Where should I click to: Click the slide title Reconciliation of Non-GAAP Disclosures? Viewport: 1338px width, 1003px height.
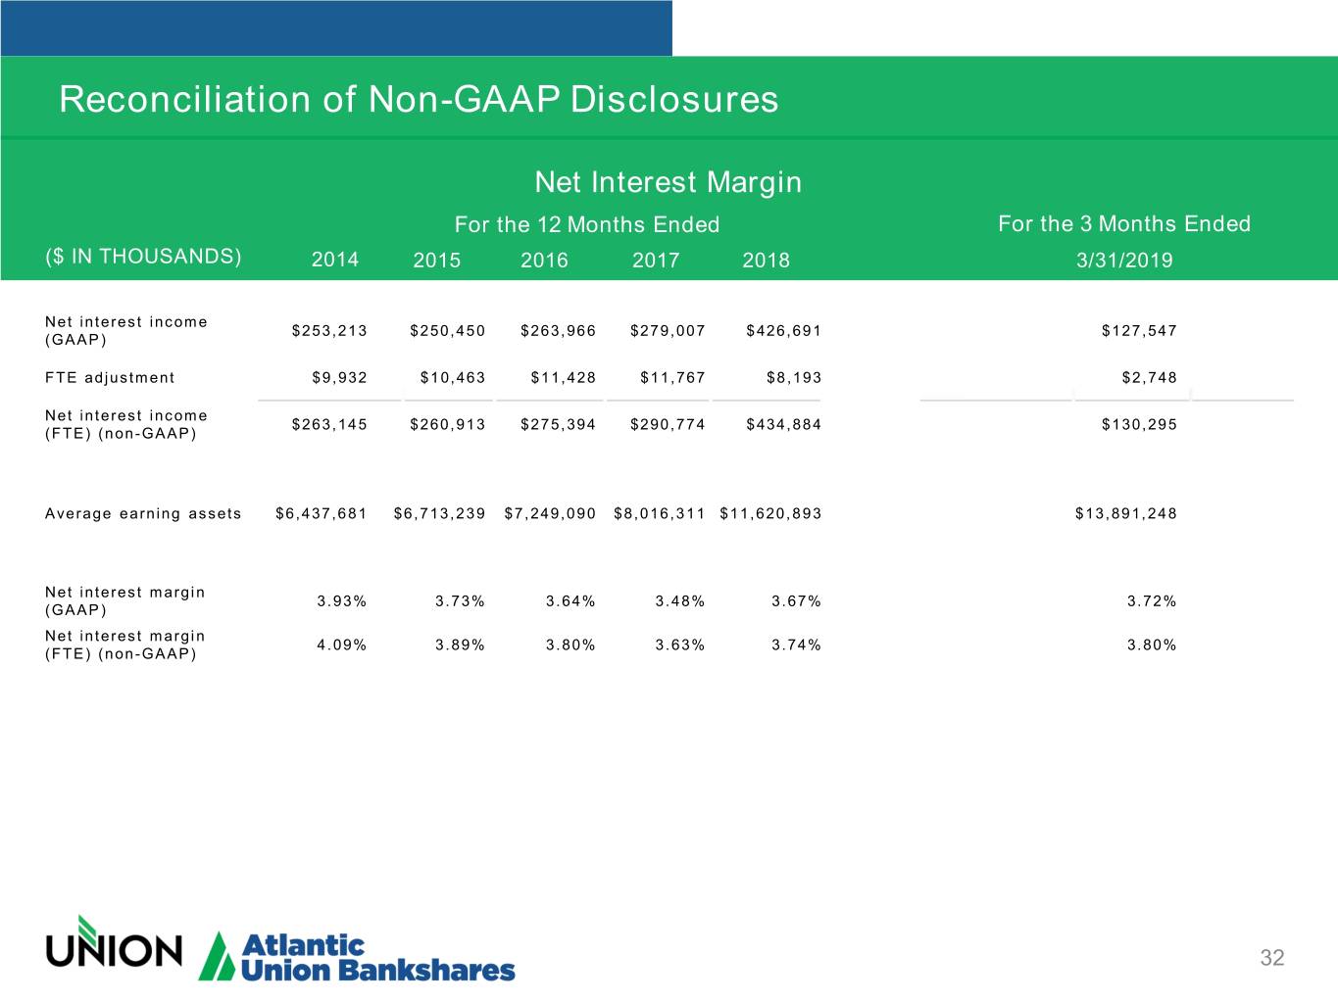419,99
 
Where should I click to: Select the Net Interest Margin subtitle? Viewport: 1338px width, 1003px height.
668,182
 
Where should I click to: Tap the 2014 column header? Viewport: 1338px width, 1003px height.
335,260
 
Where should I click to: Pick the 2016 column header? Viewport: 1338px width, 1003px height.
544,260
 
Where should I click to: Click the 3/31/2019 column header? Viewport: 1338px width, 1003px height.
1124,260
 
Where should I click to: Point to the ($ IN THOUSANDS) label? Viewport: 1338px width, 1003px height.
143,257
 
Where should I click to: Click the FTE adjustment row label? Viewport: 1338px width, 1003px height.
110,378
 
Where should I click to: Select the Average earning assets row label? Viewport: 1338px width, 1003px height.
143,513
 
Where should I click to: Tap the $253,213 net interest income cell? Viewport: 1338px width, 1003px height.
329,331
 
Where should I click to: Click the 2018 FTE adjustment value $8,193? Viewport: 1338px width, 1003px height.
794,378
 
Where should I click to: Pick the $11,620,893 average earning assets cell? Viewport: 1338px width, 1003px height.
770,513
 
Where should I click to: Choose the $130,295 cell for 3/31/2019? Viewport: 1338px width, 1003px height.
1139,424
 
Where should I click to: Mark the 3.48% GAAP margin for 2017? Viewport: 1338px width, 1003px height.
679,601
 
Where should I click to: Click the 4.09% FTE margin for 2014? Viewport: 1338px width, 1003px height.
341,645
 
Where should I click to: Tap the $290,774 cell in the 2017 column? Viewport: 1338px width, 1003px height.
668,424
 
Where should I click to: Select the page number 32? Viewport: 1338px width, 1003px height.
1271,958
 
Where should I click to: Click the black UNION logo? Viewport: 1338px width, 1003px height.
114,946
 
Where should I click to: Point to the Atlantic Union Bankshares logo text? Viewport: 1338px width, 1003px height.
377,958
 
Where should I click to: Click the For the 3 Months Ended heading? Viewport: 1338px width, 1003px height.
1124,224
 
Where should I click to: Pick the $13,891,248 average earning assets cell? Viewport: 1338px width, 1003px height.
1125,513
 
